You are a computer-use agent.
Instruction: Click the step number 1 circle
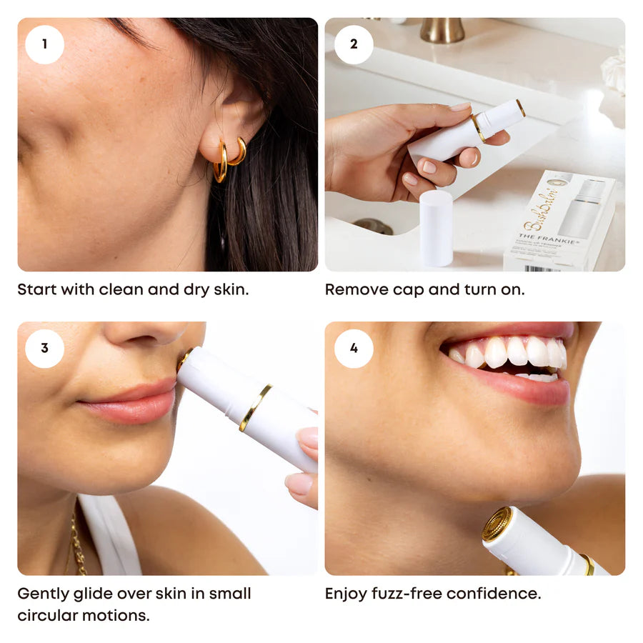44,44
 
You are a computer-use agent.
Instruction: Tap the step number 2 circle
354,44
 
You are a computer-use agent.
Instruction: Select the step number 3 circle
44,348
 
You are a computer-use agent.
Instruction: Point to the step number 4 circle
354,348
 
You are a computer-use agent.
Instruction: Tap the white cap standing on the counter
436,228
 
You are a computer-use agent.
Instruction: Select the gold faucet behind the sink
441,29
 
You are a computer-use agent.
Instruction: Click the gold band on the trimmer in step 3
255,408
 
